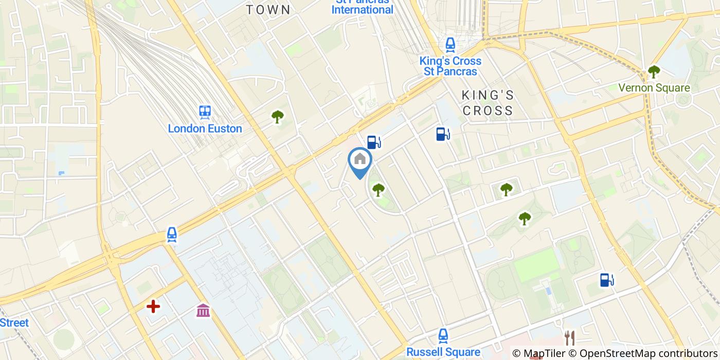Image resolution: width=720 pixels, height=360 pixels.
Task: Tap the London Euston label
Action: [205, 129]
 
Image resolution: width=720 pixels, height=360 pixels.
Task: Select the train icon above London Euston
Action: [205, 112]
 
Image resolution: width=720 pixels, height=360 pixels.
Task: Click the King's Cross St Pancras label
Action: [451, 66]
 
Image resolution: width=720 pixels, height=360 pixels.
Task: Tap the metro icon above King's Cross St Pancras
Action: [451, 45]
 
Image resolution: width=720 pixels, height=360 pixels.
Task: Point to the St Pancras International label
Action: [362, 8]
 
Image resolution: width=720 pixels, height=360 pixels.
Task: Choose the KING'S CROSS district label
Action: [488, 103]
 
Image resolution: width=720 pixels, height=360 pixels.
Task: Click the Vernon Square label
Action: [654, 88]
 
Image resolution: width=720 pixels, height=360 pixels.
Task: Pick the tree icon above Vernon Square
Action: [654, 71]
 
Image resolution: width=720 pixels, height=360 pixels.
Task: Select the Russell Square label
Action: [443, 352]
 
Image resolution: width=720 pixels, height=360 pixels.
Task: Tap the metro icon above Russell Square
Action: [443, 336]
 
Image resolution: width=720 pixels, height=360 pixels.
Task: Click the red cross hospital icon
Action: [153, 307]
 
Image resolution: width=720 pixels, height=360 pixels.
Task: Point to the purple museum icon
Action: [203, 310]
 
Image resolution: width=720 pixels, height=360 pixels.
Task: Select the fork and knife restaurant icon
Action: [569, 338]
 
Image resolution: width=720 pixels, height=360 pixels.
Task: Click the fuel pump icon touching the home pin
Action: [374, 142]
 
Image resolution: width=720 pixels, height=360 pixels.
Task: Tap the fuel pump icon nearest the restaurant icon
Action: [607, 280]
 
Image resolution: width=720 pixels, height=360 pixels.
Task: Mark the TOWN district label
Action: [268, 10]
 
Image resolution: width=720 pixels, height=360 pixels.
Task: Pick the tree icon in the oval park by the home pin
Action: [379, 190]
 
